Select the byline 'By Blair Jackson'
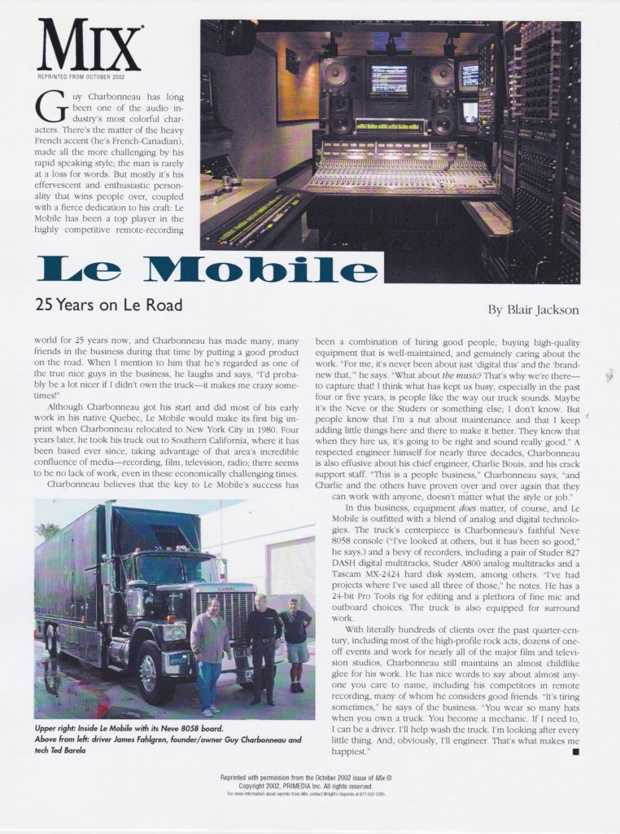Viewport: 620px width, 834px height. coord(534,309)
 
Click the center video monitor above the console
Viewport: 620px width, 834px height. coord(389,80)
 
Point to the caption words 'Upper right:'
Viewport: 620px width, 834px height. coord(59,726)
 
